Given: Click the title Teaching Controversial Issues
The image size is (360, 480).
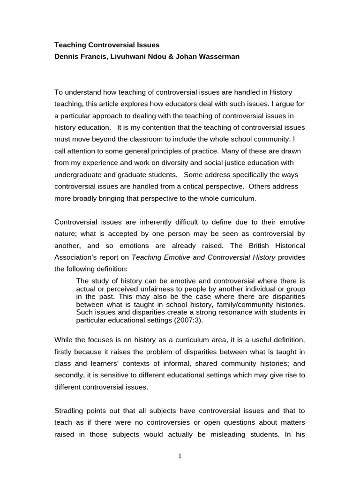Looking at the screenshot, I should pos(107,45).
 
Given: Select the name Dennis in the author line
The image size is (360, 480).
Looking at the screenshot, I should pos(67,57).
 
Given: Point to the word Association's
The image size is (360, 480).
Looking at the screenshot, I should pos(77,257).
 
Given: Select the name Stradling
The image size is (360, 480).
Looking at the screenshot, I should pos(70,411).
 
